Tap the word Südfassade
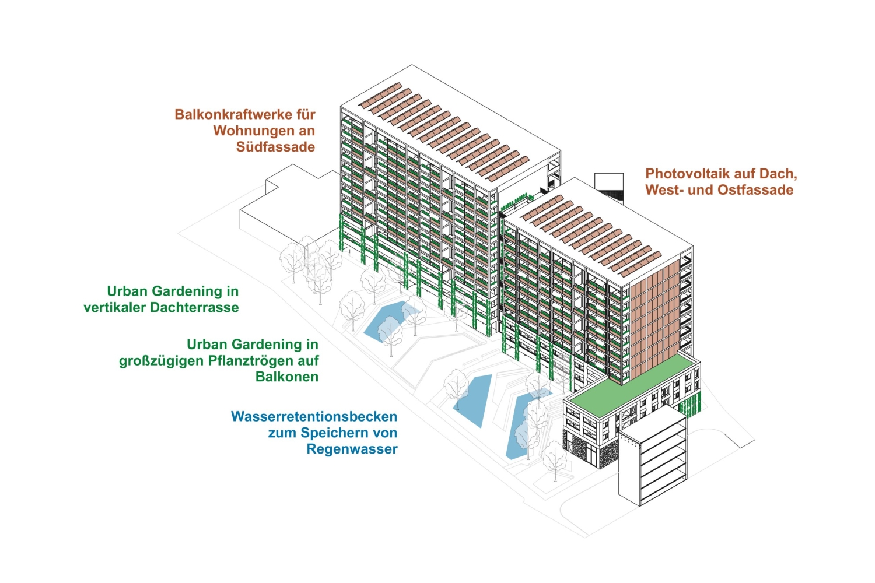(275, 147)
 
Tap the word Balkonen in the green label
(287, 377)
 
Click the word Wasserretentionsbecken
(314, 417)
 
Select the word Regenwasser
(352, 449)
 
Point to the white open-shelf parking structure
(653, 461)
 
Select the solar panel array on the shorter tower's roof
(589, 233)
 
